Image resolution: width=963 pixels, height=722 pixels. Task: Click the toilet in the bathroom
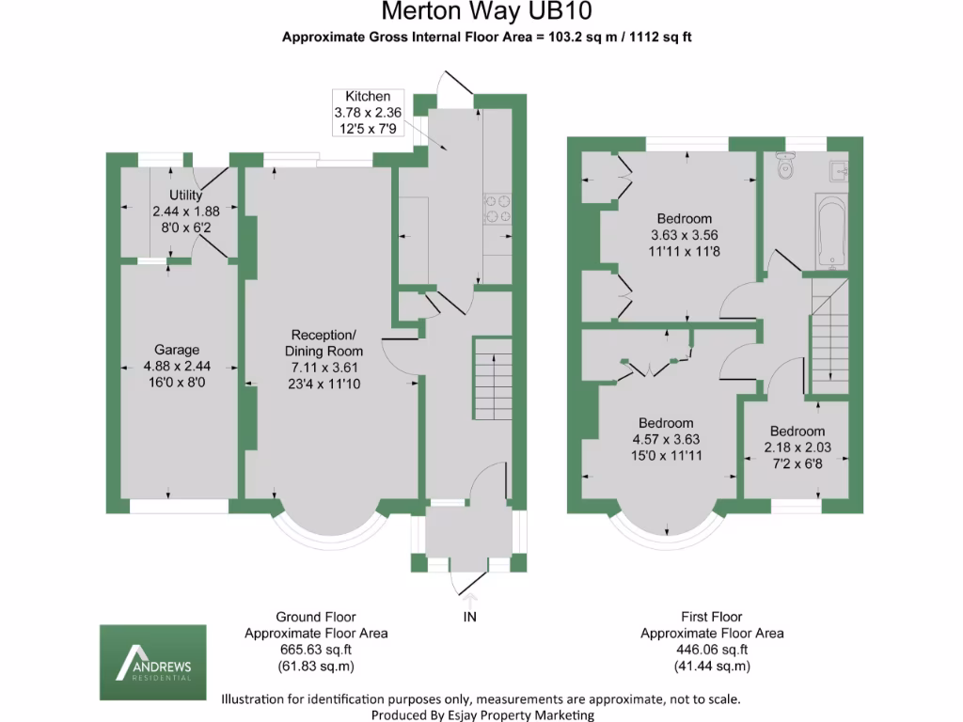(x=786, y=165)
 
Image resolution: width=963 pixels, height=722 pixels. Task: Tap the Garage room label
(x=170, y=350)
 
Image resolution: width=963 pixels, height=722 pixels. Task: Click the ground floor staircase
(x=491, y=381)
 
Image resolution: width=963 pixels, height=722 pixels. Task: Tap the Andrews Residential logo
(x=152, y=653)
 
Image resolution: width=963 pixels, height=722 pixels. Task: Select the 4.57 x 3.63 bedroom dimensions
(x=665, y=439)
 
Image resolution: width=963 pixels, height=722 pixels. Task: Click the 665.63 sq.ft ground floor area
(x=316, y=650)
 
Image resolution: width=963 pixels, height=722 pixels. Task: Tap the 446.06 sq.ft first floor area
(x=712, y=650)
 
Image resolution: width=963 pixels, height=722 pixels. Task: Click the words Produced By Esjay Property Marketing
(x=482, y=714)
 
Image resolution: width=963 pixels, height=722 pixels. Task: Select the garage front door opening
(x=179, y=506)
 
